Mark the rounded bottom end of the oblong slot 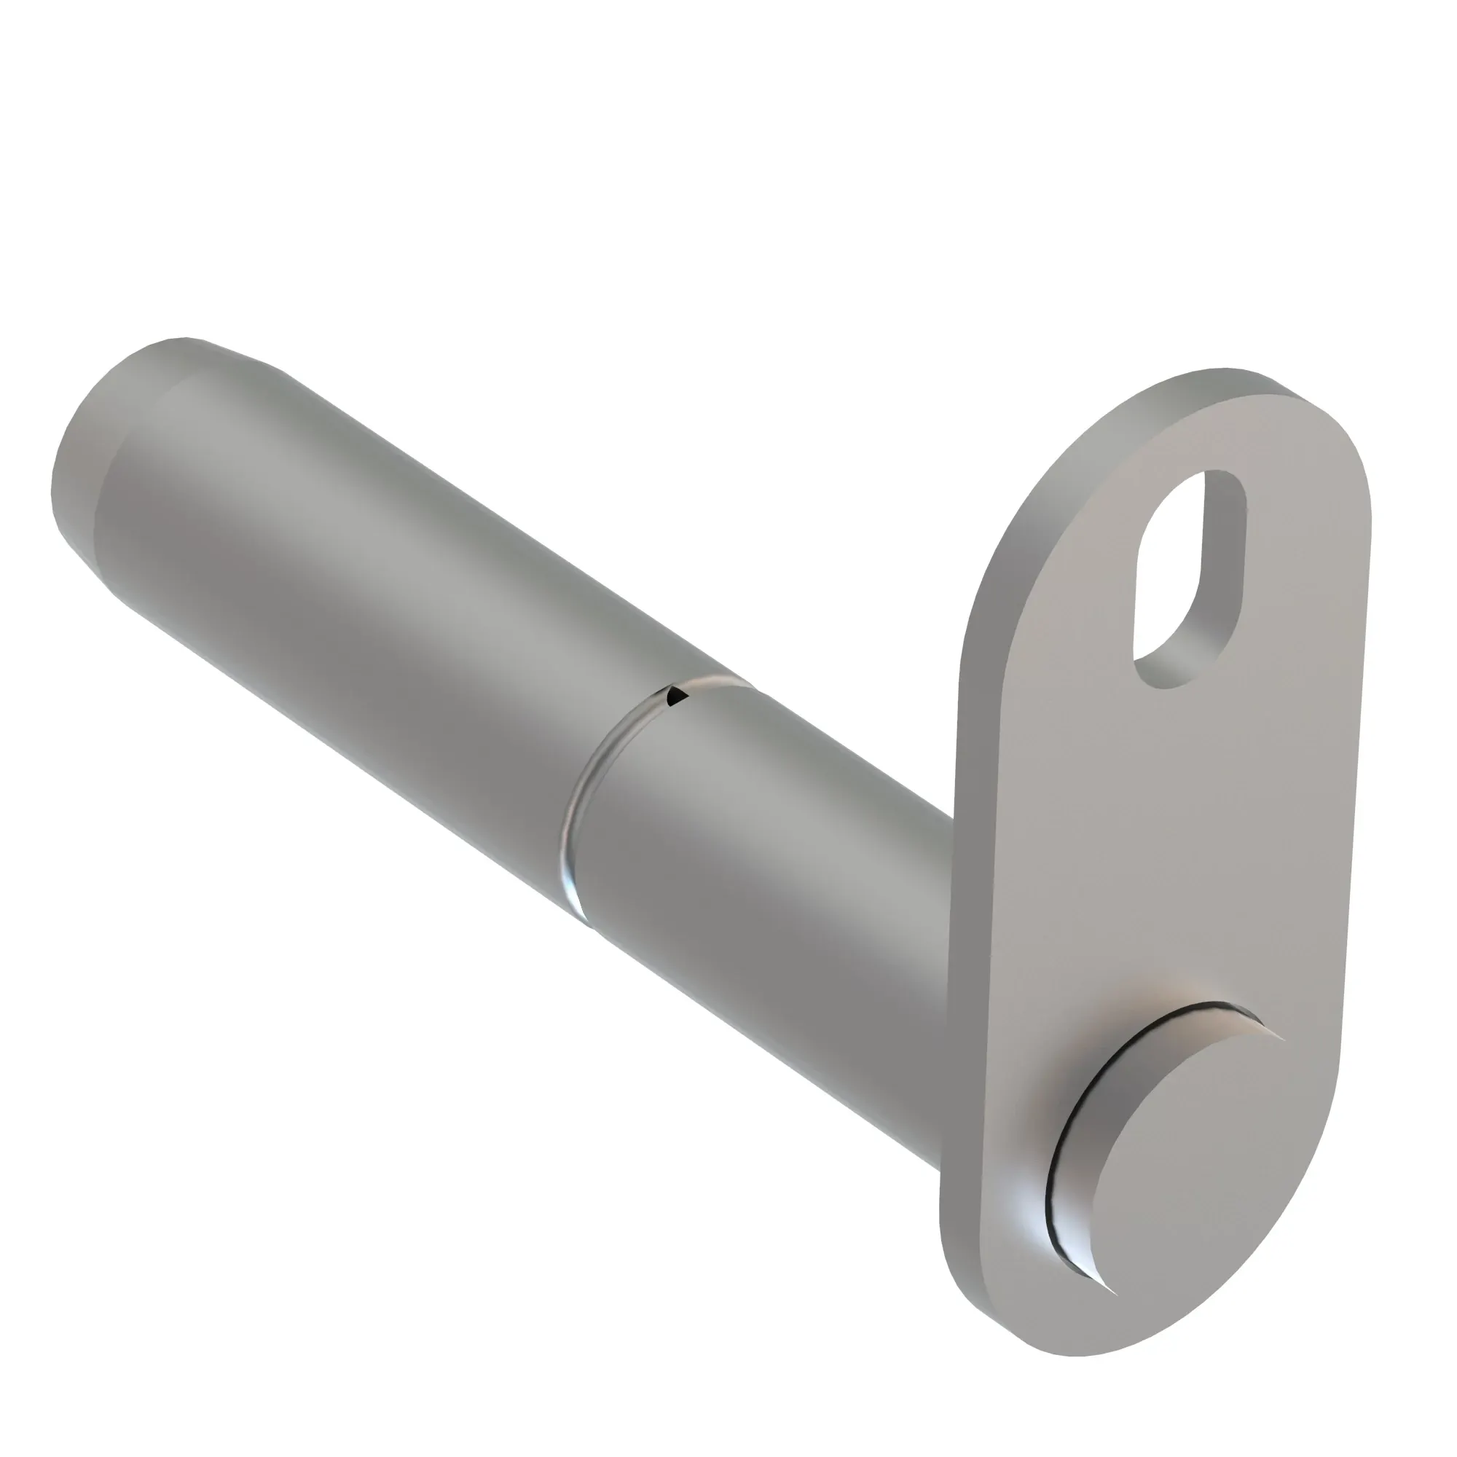click(x=1165, y=671)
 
